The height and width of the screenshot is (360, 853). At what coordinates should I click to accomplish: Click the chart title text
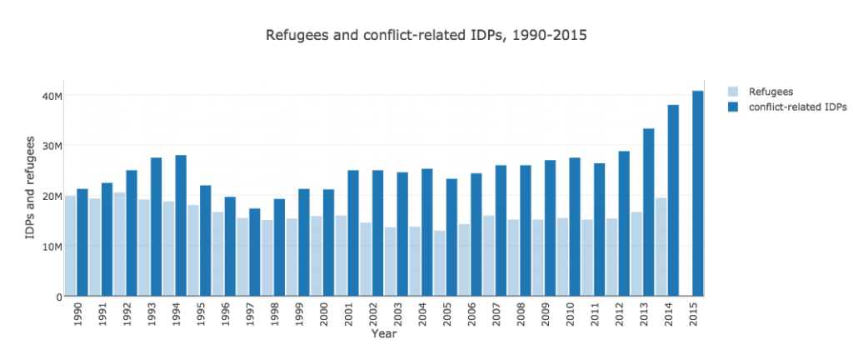426,36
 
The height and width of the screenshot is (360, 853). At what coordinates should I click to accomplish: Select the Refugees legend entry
771,91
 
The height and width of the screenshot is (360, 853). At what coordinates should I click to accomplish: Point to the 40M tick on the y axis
52,97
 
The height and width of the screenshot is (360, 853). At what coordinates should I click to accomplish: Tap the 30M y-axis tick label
52,147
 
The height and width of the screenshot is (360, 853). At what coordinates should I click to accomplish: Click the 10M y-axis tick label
52,247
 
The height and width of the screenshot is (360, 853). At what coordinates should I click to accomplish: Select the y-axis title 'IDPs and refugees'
31,187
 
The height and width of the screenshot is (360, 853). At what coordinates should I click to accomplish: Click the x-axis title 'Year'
384,333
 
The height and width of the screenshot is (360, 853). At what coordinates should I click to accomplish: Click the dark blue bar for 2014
673,200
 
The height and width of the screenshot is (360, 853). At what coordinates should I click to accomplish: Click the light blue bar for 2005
439,263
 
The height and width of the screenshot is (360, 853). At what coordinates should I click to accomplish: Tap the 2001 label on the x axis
348,312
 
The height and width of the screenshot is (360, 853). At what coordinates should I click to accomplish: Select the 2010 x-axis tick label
570,312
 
